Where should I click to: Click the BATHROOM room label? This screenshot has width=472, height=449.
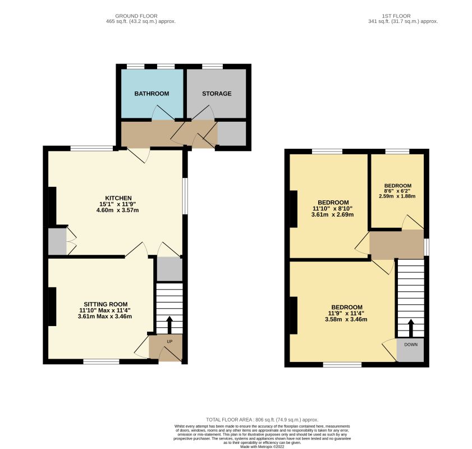[152, 94]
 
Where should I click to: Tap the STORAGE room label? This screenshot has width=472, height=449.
[217, 94]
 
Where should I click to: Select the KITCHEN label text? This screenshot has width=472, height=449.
[118, 198]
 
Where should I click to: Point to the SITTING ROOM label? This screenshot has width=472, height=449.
[106, 304]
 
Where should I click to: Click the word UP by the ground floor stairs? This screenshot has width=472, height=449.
[170, 342]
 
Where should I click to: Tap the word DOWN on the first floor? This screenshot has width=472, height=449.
[411, 345]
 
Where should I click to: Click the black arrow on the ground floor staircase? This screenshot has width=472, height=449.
[169, 325]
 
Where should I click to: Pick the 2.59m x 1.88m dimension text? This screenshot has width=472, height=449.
[397, 196]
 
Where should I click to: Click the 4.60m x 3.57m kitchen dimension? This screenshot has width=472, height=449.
[117, 210]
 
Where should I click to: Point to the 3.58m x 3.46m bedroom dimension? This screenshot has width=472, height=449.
[346, 319]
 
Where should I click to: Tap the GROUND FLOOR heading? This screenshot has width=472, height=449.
[136, 16]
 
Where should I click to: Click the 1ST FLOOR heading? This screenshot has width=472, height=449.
[396, 16]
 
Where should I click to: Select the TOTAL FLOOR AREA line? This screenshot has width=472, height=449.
[262, 419]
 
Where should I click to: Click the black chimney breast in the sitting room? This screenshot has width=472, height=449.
[52, 306]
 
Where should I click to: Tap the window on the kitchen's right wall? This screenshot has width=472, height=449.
[185, 196]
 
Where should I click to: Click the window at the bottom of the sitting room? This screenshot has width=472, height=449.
[101, 361]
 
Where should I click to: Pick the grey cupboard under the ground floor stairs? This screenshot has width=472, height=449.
[170, 269]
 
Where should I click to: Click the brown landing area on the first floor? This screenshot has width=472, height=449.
[396, 244]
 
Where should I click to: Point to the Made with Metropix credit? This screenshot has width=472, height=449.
[262, 447]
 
